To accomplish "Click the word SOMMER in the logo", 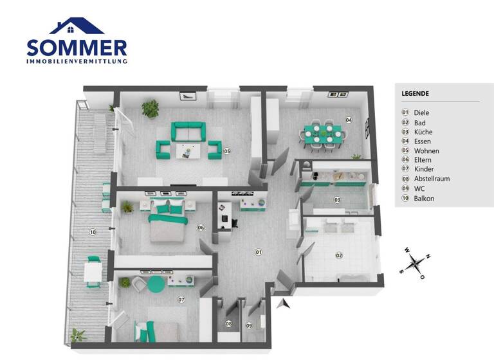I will click(77, 48).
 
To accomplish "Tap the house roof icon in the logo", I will click(77, 26).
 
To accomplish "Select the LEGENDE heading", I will click(415, 94).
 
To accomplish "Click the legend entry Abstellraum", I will click(432, 179).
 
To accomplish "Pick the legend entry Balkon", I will click(424, 199).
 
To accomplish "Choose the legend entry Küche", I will click(423, 131).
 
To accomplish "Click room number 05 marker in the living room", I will click(227, 151).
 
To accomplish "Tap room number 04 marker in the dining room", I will click(348, 120).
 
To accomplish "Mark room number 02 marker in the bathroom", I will click(339, 255).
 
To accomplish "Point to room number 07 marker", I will click(181, 300).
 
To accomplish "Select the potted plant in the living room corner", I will click(150, 107).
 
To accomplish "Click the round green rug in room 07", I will click(157, 283).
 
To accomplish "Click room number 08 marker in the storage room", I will click(228, 324).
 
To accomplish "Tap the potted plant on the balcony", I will click(78, 336).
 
